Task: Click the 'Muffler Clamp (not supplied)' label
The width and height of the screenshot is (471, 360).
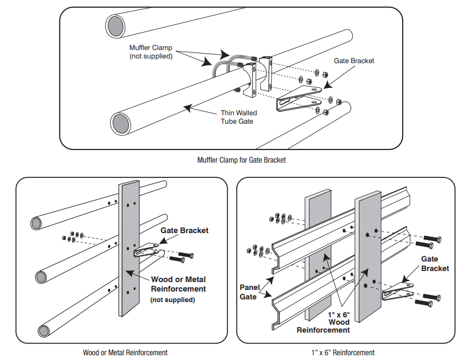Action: pos(151,52)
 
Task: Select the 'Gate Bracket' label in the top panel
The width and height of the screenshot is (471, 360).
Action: pos(354,61)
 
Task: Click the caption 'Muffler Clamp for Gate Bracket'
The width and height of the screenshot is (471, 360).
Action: pos(242,160)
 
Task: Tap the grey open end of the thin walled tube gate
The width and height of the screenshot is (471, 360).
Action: pos(122,124)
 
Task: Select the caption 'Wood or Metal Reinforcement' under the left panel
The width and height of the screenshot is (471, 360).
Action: pos(125,352)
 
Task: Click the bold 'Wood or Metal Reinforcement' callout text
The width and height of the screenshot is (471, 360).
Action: pos(178,284)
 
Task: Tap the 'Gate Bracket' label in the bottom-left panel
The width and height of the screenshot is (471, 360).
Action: pos(184,231)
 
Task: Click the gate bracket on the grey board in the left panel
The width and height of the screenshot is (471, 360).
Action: pos(147,250)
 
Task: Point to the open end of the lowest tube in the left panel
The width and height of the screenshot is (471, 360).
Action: pos(43,331)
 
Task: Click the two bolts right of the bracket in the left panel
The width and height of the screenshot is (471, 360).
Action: pos(182,256)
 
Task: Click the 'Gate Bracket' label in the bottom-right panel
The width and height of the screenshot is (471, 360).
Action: pos(435,263)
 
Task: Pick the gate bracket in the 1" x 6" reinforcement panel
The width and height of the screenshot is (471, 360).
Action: pos(397,290)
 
